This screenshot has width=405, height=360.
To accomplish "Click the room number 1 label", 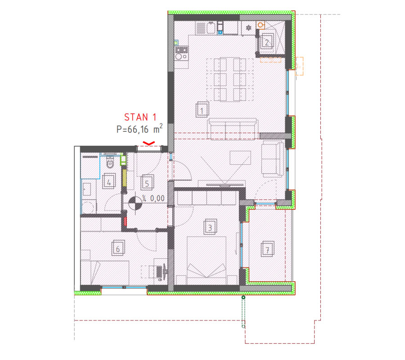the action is [202, 110].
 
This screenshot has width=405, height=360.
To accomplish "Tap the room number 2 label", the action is [267, 42].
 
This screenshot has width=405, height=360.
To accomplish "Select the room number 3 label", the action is [210, 227].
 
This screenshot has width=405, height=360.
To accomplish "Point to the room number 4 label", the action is [109, 182].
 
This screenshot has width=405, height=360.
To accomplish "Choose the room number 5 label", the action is [147, 183].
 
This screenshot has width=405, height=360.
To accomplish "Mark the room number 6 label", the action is [118, 248].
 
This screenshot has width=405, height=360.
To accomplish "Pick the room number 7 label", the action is [268, 249].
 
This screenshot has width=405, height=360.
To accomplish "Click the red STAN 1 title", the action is [140, 117].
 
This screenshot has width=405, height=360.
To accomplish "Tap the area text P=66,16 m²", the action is [139, 129].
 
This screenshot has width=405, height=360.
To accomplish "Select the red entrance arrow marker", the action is [149, 143].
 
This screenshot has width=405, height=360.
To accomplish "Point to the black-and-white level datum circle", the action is [135, 203].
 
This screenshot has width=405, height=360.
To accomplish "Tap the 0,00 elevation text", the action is [157, 198].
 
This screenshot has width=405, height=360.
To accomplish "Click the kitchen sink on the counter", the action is [211, 28].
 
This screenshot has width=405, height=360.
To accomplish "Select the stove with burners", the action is [182, 53].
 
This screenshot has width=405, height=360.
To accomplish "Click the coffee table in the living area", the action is [240, 157].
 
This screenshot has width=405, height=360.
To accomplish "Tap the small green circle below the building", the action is [243, 297].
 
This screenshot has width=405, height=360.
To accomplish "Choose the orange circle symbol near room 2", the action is [261, 25].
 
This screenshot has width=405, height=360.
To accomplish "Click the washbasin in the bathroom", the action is [86, 189].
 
